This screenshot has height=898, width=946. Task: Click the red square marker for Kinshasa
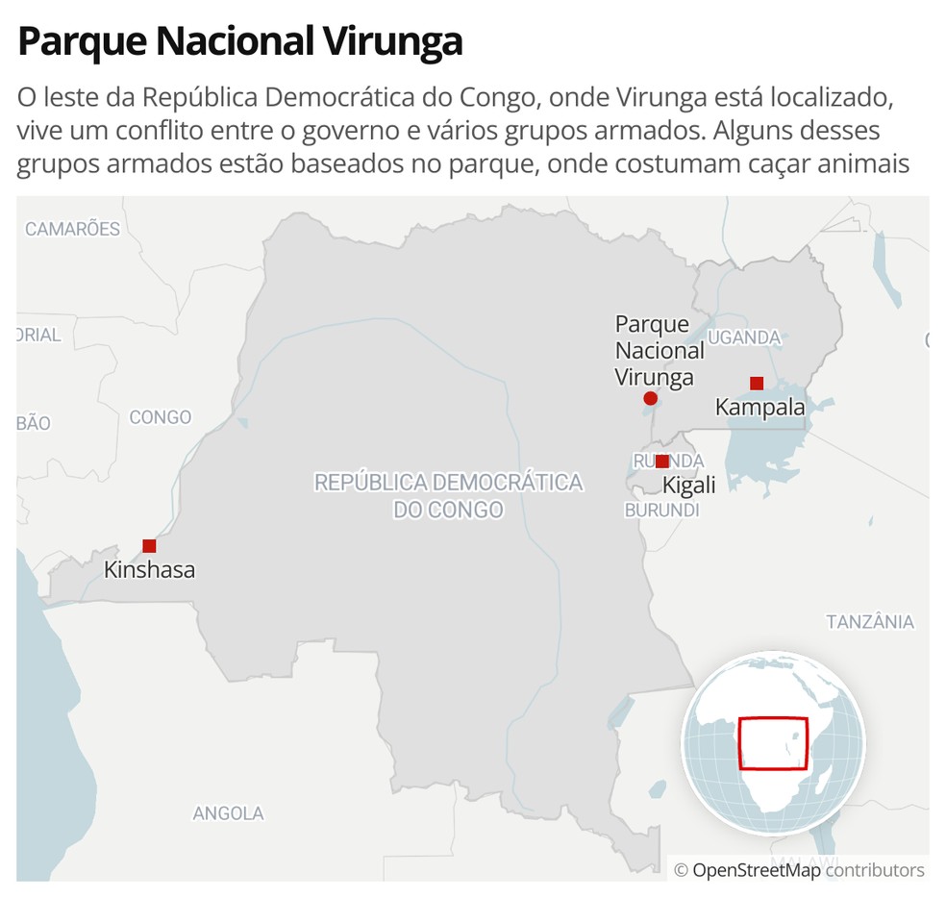(x=149, y=546)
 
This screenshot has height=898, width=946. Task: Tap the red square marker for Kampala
(x=757, y=384)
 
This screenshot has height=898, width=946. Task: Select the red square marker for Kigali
(x=661, y=461)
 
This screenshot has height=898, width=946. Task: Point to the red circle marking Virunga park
(x=650, y=398)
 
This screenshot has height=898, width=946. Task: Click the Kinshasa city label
(x=149, y=570)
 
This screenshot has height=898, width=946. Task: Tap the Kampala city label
(x=759, y=408)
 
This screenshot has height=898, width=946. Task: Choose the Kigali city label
(x=688, y=486)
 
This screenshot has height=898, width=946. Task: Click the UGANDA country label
(x=745, y=337)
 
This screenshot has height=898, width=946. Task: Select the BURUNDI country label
(x=661, y=511)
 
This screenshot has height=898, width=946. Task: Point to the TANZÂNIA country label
(x=870, y=622)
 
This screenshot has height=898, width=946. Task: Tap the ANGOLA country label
(x=228, y=813)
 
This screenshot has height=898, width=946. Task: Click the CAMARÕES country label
(x=72, y=229)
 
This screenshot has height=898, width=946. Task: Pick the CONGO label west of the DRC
(x=161, y=417)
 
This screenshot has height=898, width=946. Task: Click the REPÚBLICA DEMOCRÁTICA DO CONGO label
(x=448, y=495)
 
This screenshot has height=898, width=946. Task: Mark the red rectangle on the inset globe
(x=773, y=742)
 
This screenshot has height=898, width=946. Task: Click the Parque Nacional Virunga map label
(x=659, y=351)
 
